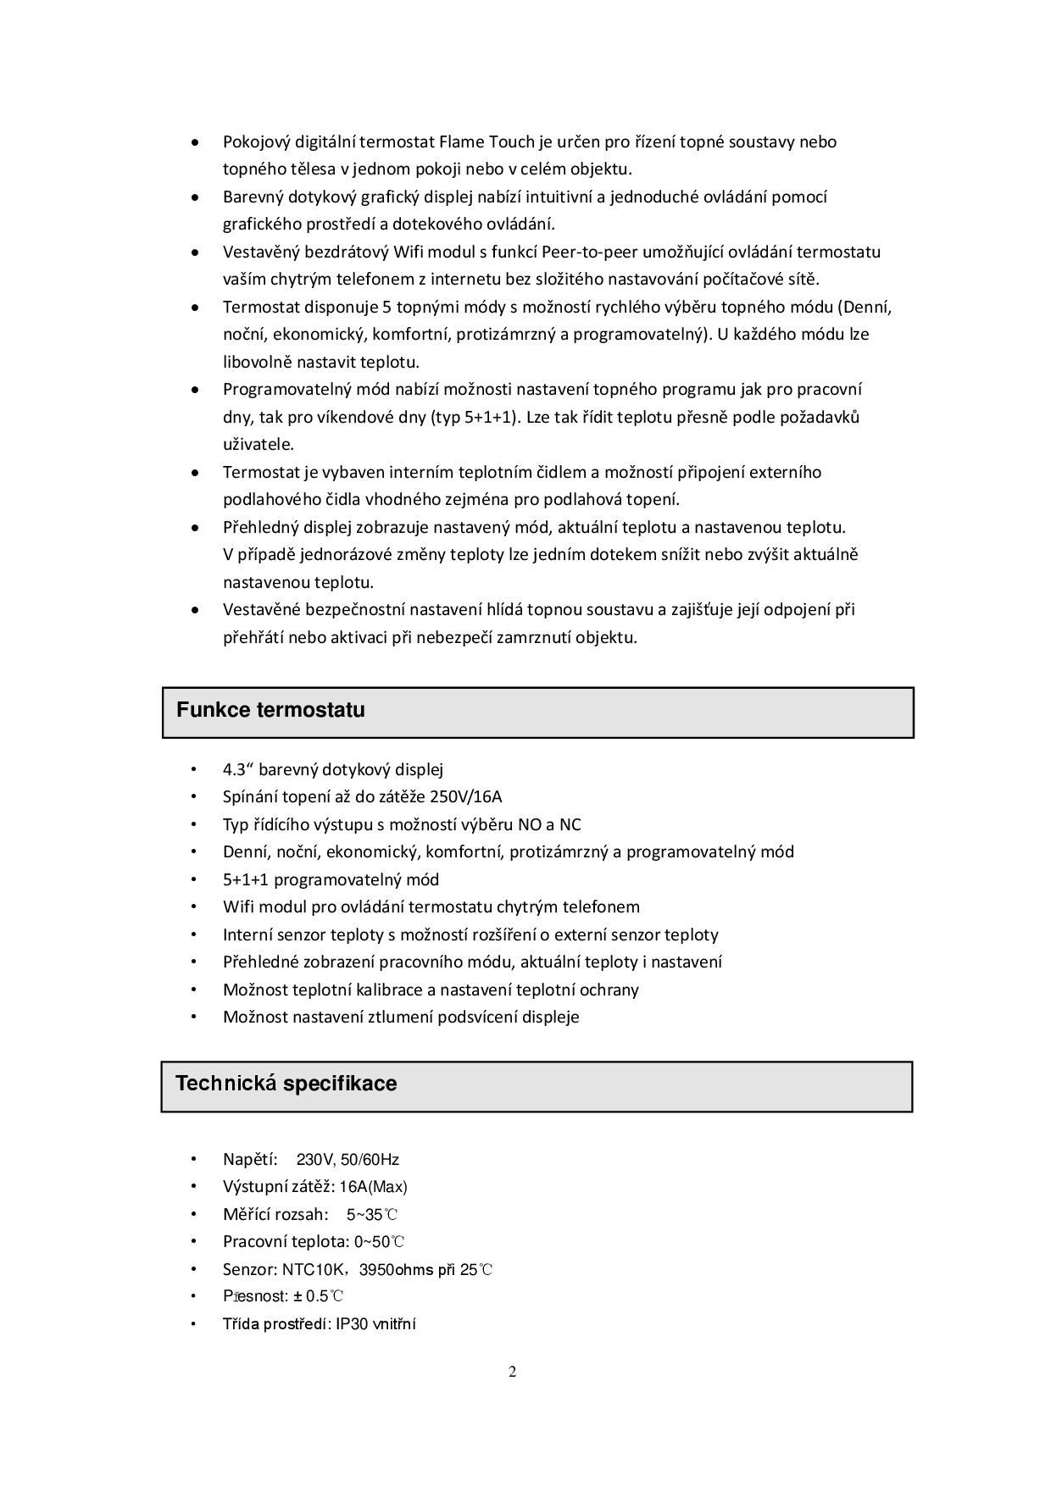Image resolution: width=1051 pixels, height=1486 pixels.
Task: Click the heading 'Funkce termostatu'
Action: (270, 710)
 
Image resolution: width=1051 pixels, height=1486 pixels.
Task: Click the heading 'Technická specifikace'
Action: (286, 1084)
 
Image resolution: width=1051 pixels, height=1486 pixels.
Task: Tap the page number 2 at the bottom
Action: (513, 1372)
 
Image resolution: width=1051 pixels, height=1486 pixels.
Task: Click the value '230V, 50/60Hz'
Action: (348, 1160)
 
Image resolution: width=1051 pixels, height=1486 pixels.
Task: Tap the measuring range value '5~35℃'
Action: (372, 1215)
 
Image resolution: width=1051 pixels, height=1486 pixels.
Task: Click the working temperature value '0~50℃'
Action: (380, 1242)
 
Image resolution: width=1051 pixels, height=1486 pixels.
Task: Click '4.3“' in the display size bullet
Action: (238, 769)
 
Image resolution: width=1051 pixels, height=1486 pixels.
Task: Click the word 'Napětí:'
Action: (250, 1160)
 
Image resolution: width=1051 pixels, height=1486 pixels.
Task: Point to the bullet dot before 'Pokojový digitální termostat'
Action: (196, 141)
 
